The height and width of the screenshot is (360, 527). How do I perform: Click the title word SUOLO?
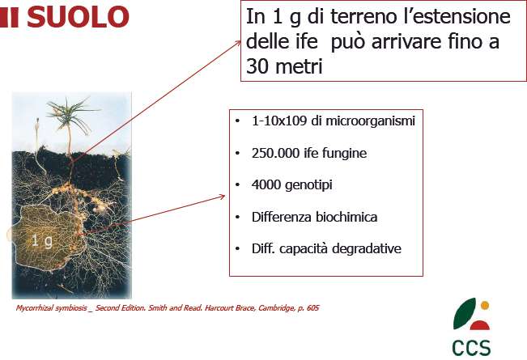[x=78, y=17]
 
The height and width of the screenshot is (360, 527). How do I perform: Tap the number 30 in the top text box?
[x=257, y=66]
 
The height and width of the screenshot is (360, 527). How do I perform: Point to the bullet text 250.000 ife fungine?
[x=309, y=153]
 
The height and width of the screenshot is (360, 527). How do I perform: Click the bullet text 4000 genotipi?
[x=291, y=185]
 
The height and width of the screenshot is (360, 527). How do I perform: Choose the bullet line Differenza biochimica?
[x=315, y=217]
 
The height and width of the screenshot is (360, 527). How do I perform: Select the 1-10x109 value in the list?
[x=279, y=121]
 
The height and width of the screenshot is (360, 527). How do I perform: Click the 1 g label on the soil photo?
[x=42, y=241]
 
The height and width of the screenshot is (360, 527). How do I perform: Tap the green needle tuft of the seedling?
[x=70, y=114]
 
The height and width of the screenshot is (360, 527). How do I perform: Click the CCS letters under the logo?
[x=471, y=348]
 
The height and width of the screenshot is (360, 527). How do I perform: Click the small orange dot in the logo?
[x=485, y=305]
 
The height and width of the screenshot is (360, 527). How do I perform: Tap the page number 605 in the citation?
[x=312, y=307]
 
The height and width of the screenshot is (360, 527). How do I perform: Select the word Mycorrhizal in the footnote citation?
[x=34, y=308]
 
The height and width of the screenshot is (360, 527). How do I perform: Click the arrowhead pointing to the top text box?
[x=238, y=43]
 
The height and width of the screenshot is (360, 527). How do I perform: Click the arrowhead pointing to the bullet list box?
[x=222, y=197]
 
